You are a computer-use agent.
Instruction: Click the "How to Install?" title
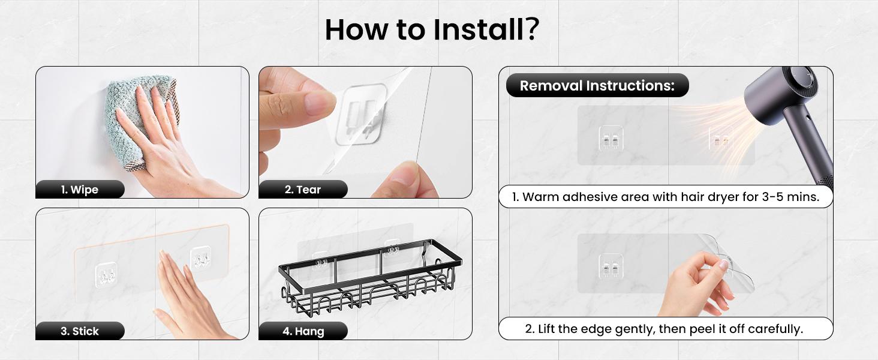coord(432,29)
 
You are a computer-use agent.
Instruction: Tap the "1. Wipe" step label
coord(80,190)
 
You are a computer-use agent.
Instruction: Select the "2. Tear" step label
coord(303,190)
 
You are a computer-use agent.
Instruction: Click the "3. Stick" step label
coord(80,331)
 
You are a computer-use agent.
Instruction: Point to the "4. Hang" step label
coord(303,331)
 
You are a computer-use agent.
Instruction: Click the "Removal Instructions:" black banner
coord(597,85)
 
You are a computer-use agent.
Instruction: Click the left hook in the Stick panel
coord(106,274)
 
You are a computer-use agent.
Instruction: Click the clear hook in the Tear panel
coord(360,115)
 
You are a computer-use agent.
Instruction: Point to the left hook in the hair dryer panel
coord(611,138)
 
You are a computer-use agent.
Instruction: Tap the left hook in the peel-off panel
coord(611,266)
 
